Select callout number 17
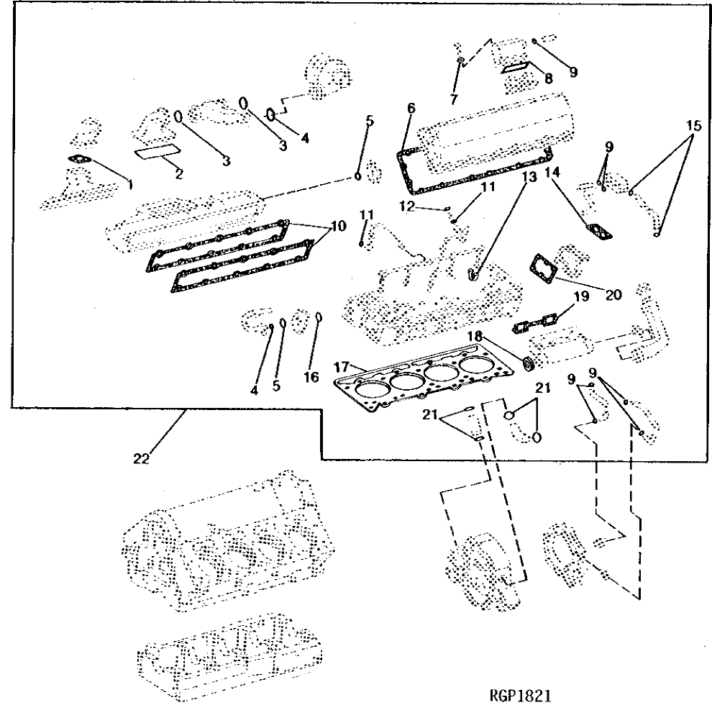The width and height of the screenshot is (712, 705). coord(342,368)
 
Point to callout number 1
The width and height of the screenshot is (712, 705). coord(130,185)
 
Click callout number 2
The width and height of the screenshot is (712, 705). coord(178,173)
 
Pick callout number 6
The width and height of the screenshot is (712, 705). coord(411,108)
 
